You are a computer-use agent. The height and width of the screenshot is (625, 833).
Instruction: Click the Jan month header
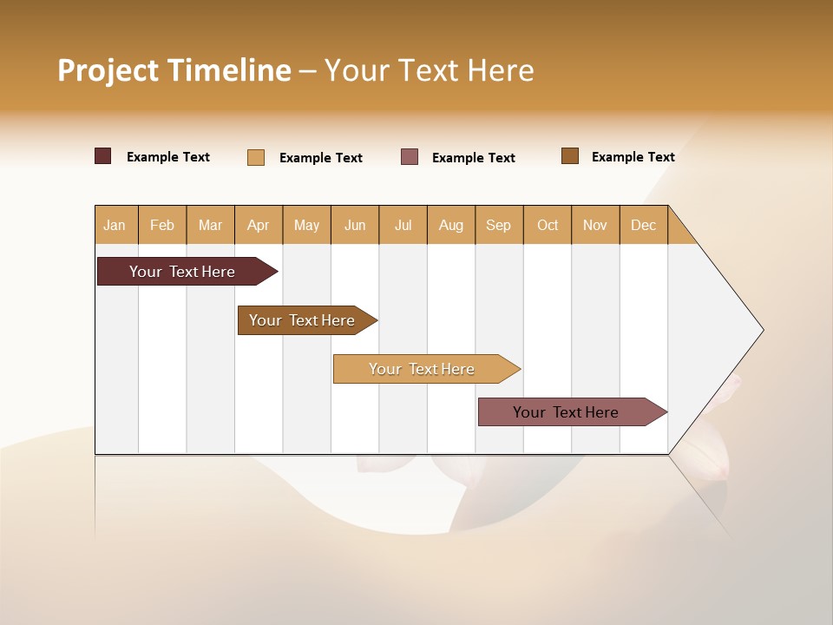[115, 225]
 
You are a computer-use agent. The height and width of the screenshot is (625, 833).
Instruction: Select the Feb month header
[162, 225]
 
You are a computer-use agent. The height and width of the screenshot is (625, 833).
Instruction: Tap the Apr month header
[259, 225]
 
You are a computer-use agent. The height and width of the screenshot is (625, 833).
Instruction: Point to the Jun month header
[355, 225]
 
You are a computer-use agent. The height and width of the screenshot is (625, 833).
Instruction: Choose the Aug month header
[451, 225]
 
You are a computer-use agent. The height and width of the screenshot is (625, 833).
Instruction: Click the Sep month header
[499, 225]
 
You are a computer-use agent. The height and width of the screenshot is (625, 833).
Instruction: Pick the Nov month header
[595, 225]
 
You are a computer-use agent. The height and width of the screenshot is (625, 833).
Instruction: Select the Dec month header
[644, 225]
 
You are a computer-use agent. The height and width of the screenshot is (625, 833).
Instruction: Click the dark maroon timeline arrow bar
[182, 272]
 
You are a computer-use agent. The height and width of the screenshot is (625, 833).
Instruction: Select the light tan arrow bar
[422, 369]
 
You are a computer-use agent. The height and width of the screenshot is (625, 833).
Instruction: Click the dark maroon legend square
[103, 156]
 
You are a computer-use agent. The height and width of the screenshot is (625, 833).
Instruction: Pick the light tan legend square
[256, 157]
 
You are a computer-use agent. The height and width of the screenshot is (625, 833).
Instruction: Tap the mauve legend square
[410, 157]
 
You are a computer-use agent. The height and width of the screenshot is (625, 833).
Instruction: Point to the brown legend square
[570, 156]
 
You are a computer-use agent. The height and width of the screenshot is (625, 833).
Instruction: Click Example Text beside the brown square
[633, 157]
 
